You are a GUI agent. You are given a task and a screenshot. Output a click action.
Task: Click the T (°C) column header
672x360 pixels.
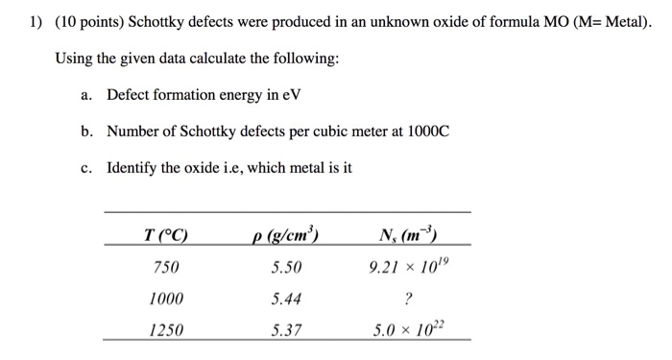(165, 235)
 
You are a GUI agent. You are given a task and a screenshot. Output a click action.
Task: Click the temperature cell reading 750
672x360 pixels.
(165, 267)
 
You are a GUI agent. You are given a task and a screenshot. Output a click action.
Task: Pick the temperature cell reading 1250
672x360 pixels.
(165, 330)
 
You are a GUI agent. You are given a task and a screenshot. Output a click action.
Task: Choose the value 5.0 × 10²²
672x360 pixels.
(408, 329)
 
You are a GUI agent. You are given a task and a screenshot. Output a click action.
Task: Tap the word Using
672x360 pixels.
(73, 59)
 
